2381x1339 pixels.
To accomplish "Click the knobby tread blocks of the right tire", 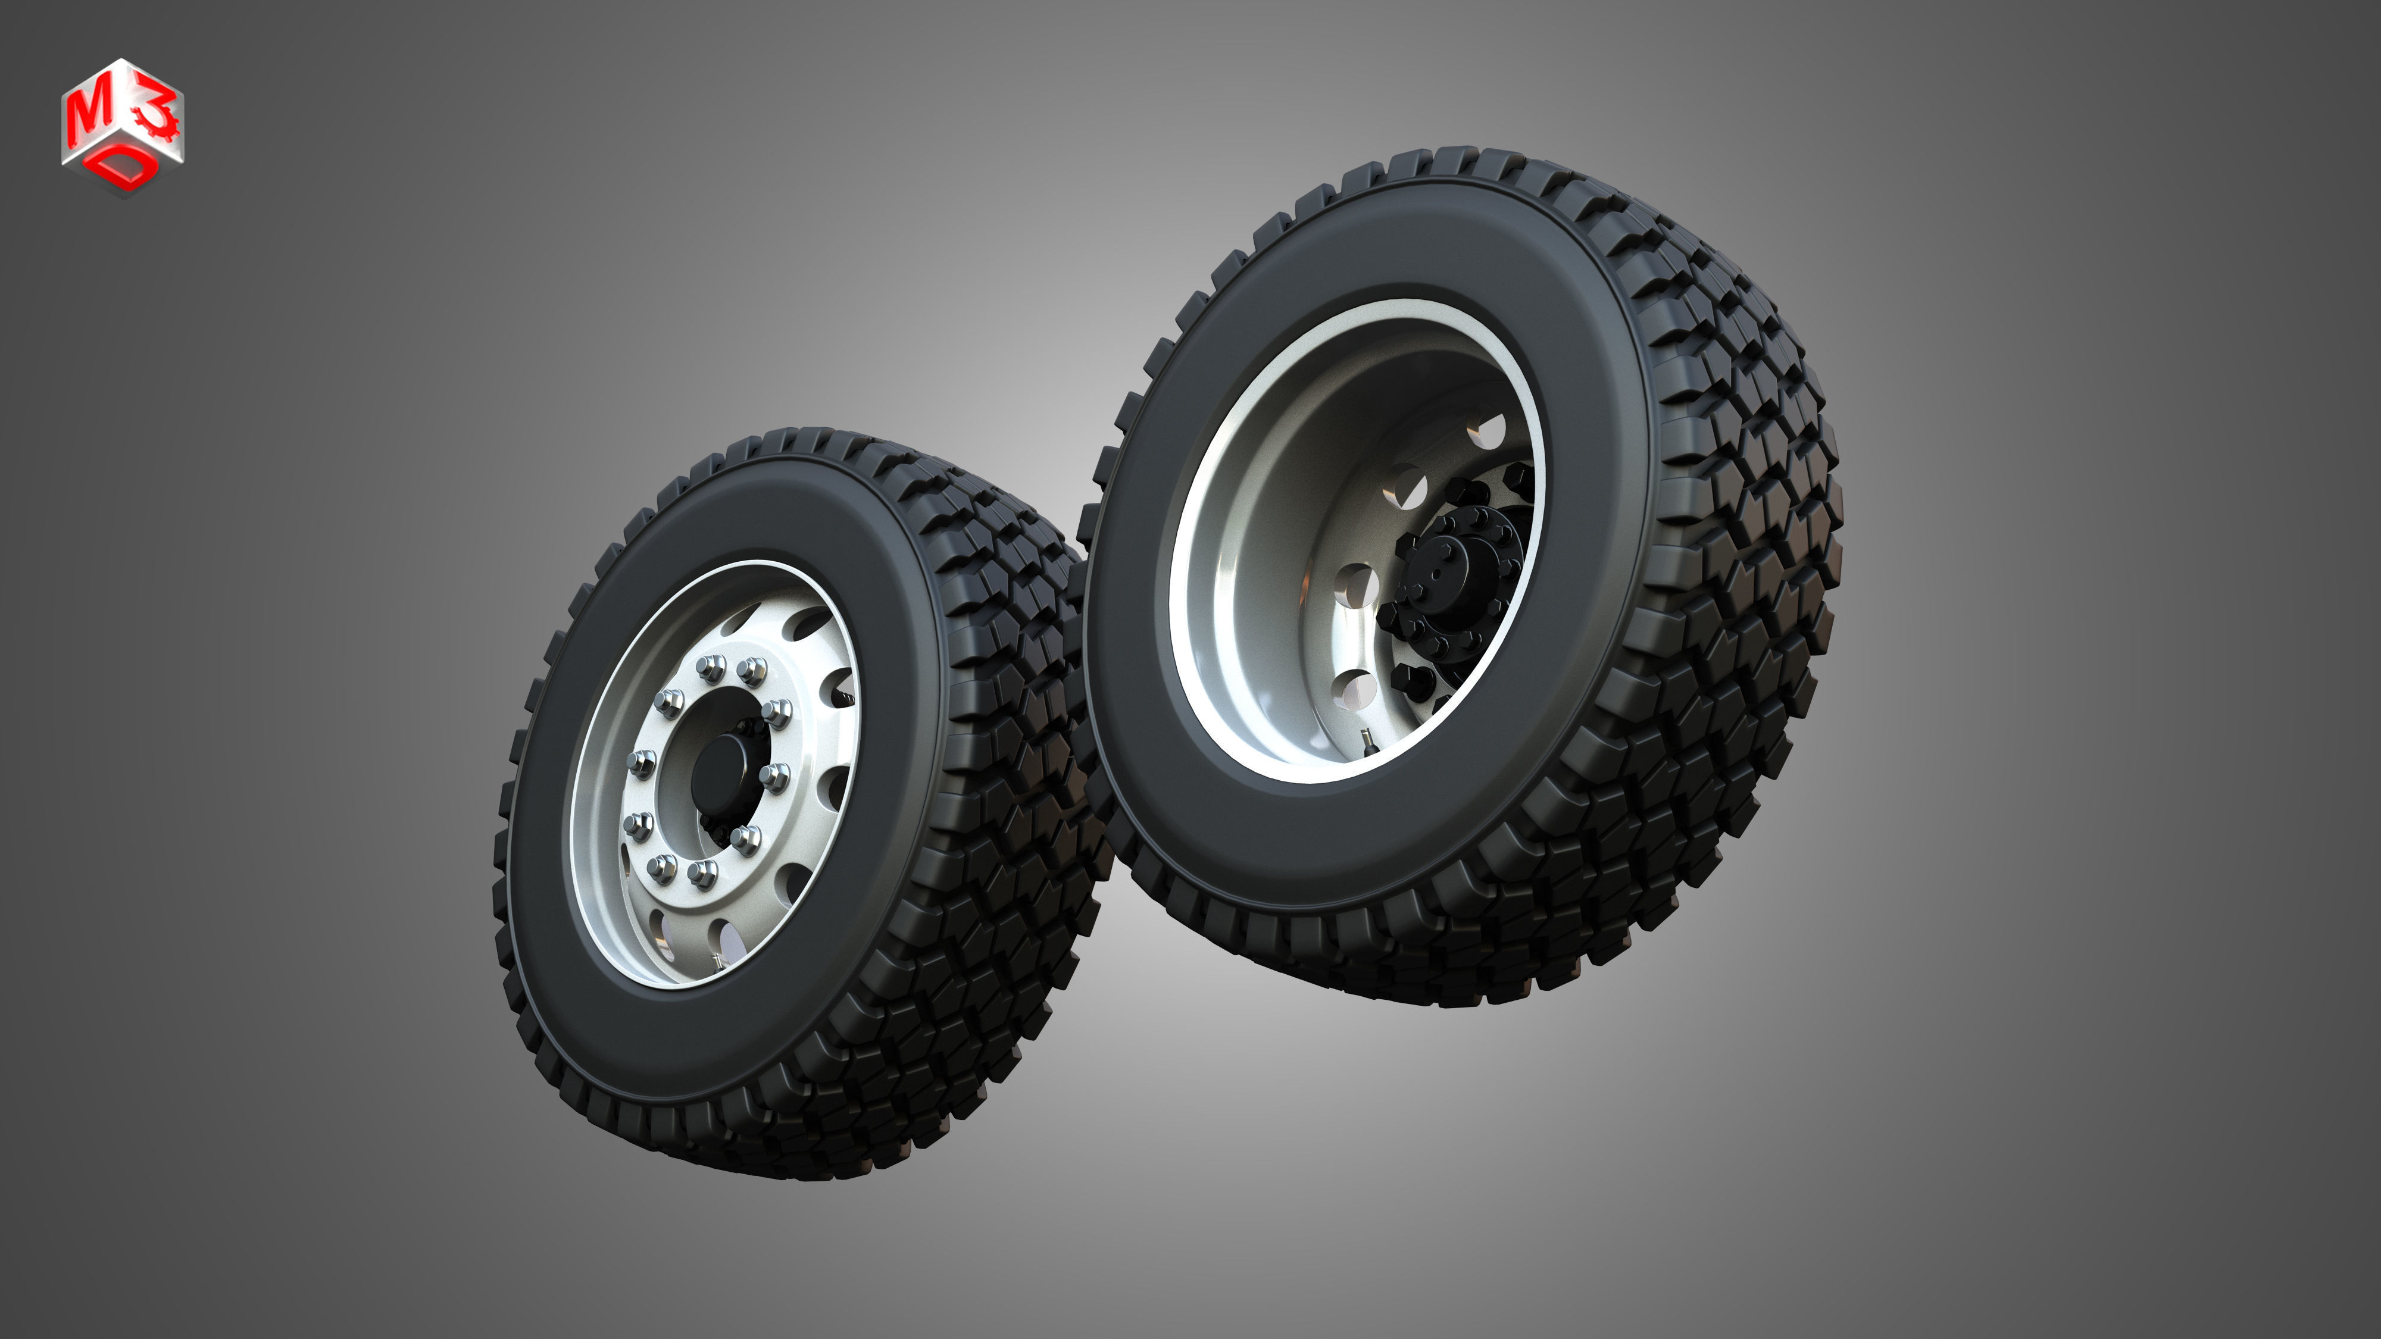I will pos(1738,555).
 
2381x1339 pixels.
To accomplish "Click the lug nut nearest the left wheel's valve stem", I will pos(702,871).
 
